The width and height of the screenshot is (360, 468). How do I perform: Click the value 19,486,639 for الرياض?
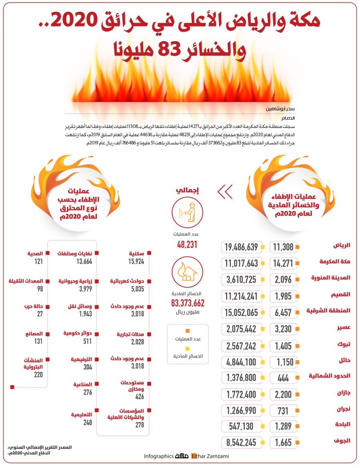[241, 247]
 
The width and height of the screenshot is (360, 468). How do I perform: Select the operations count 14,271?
[282, 263]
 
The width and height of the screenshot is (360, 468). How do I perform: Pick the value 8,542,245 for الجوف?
[241, 442]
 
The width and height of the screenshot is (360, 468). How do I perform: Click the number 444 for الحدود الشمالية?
[282, 377]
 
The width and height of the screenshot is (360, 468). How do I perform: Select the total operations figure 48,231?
[187, 244]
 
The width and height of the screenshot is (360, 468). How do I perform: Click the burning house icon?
[187, 272]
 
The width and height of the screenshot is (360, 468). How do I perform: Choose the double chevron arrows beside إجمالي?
[225, 192]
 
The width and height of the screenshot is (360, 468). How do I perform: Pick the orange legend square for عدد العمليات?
[187, 331]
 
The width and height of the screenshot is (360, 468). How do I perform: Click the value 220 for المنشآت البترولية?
[38, 374]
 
